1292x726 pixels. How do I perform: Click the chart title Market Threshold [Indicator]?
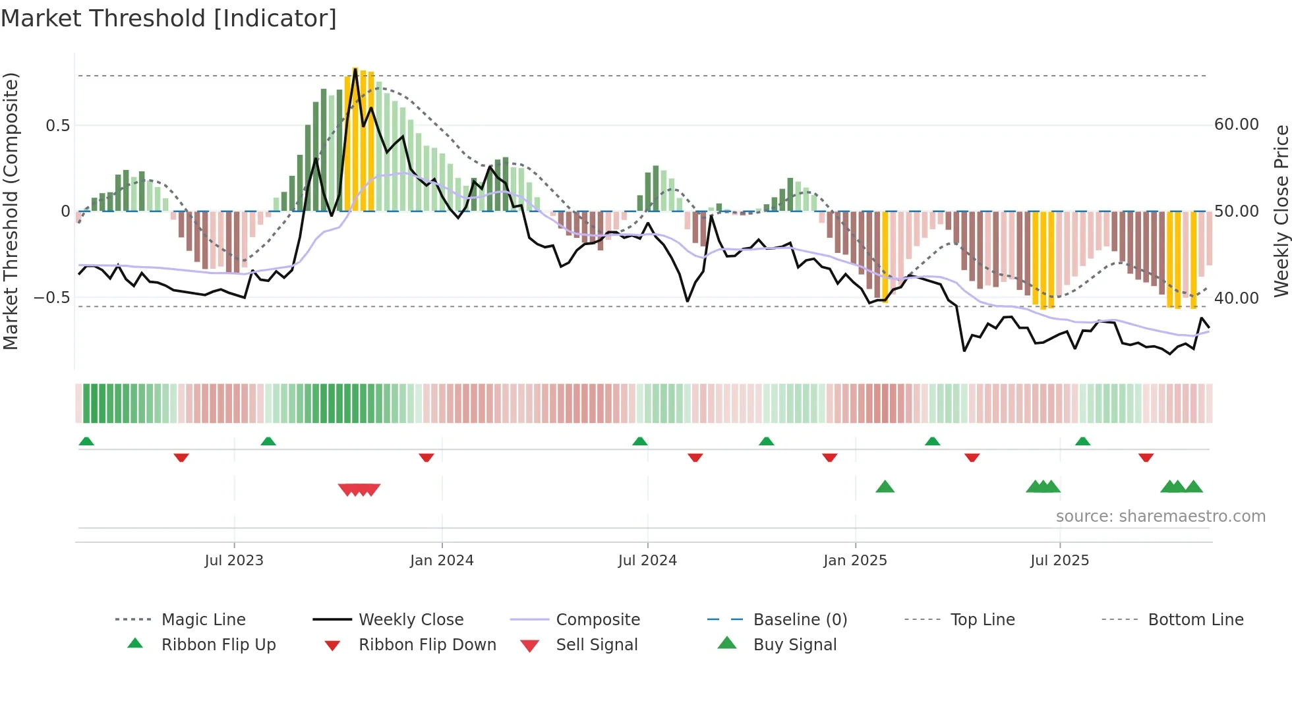pos(169,18)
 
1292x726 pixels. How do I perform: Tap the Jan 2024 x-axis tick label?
pos(442,561)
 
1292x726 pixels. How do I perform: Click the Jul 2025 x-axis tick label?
pos(1059,561)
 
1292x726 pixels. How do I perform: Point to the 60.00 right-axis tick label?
pos(1236,125)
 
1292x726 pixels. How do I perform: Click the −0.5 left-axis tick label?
pos(51,298)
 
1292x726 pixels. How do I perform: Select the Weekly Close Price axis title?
pos(1281,211)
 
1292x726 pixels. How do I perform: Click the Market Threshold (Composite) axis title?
pos(11,211)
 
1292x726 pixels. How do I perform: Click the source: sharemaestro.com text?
pos(1160,517)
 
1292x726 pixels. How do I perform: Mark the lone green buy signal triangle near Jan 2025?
pos(885,487)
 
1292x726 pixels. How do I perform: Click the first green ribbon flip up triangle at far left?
pos(86,441)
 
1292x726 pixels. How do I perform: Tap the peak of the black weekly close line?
pos(355,69)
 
